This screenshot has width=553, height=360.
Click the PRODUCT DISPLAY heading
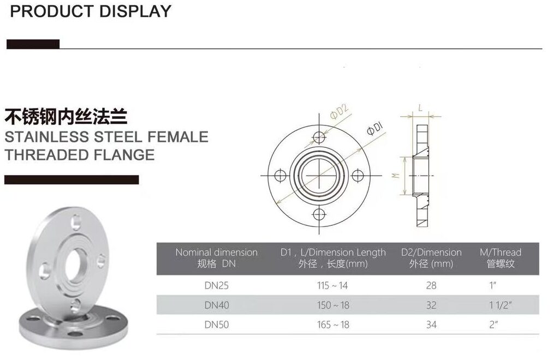[90, 11]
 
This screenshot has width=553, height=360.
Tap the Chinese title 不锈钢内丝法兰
[66, 116]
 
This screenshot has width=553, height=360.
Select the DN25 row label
[216, 285]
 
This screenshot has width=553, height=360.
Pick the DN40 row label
[216, 305]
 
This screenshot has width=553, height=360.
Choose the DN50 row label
[216, 325]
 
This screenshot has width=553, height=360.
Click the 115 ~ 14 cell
[333, 285]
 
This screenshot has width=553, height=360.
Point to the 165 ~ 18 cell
[333, 325]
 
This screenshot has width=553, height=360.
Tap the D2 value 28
[431, 285]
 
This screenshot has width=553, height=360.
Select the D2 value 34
[431, 325]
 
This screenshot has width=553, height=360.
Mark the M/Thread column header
[500, 257]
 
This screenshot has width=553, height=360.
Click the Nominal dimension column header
[216, 257]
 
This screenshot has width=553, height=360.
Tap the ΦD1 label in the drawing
[375, 130]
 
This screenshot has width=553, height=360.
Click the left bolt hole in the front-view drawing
[281, 176]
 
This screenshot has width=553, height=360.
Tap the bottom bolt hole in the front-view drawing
[319, 214]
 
